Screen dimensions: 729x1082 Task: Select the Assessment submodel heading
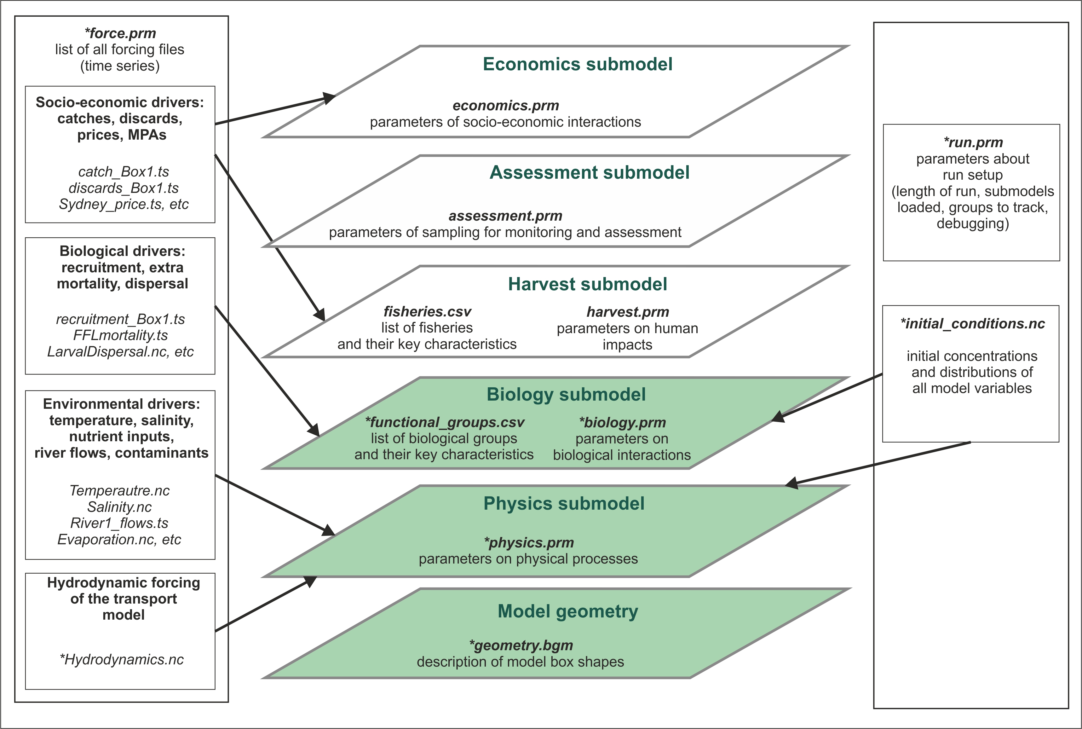589,172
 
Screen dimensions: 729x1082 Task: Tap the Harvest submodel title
588,284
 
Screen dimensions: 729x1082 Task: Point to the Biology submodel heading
566,394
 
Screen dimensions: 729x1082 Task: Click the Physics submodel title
564,504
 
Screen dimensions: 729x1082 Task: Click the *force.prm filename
120,33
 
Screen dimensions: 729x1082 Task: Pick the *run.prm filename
973,142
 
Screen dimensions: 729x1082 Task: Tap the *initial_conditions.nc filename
972,324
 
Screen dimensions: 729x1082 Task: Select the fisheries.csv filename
427,311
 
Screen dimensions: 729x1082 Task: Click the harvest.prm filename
627,312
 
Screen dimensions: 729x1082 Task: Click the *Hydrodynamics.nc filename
122,659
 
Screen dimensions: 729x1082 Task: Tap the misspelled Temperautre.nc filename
119,490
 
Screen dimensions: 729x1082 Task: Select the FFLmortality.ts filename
120,335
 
